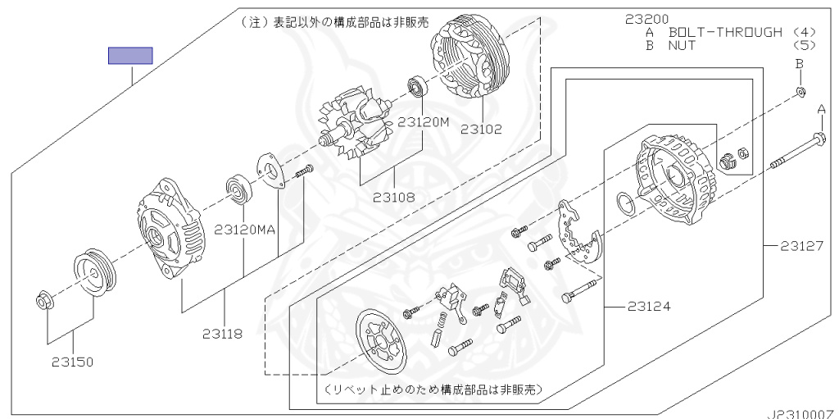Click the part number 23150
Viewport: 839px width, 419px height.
click(72, 362)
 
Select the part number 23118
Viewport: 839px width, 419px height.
click(222, 334)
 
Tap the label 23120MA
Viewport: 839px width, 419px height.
click(244, 230)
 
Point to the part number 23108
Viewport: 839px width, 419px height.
click(394, 197)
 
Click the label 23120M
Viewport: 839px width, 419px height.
click(423, 122)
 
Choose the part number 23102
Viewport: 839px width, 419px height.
click(482, 129)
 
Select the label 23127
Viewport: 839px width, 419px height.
click(801, 246)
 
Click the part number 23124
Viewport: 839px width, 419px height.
click(649, 307)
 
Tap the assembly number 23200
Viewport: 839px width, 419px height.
click(646, 20)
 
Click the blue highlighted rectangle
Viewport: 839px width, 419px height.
click(130, 56)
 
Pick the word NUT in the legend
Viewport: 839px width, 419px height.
click(681, 45)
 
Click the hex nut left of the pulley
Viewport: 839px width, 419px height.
click(43, 301)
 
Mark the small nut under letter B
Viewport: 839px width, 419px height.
click(800, 92)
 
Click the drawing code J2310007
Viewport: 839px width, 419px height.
click(804, 414)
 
